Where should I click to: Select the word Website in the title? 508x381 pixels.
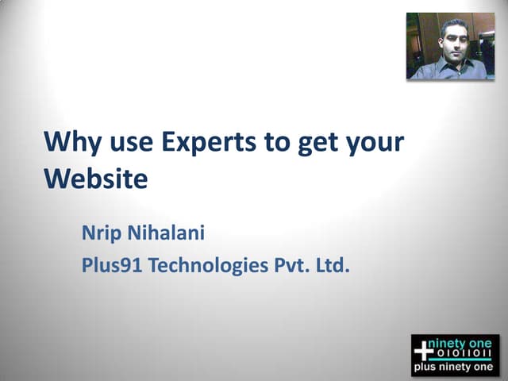click(x=95, y=179)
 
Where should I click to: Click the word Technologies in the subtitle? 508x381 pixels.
click(x=209, y=266)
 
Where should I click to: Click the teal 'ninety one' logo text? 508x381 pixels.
click(x=464, y=343)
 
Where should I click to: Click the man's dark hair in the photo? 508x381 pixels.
click(x=453, y=25)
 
